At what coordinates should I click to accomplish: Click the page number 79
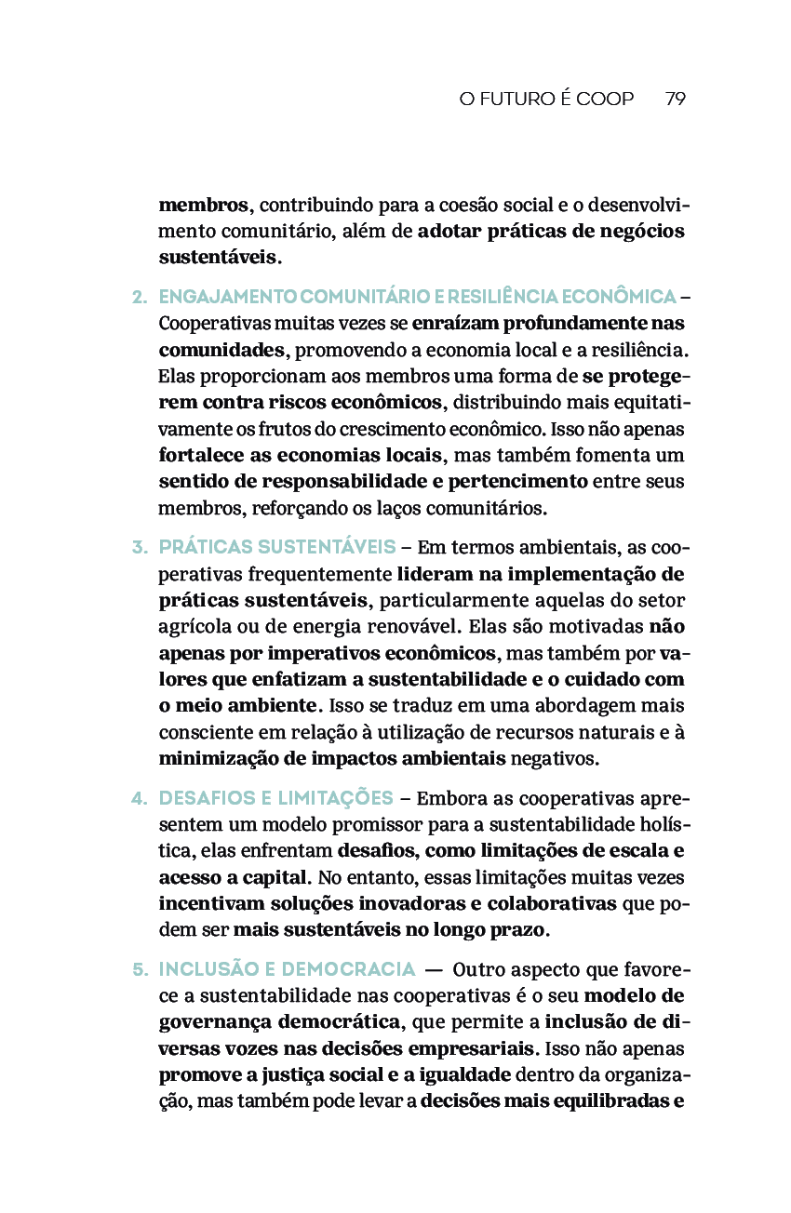click(x=676, y=99)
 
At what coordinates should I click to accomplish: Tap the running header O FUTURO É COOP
click(x=546, y=99)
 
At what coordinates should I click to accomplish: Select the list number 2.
click(x=141, y=297)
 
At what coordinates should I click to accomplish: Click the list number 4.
click(x=141, y=798)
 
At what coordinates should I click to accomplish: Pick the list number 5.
click(x=141, y=969)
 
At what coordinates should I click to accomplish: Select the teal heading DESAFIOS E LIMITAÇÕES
click(x=276, y=798)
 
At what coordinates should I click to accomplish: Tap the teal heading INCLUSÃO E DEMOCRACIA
click(x=287, y=969)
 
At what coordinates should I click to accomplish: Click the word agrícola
click(x=192, y=626)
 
